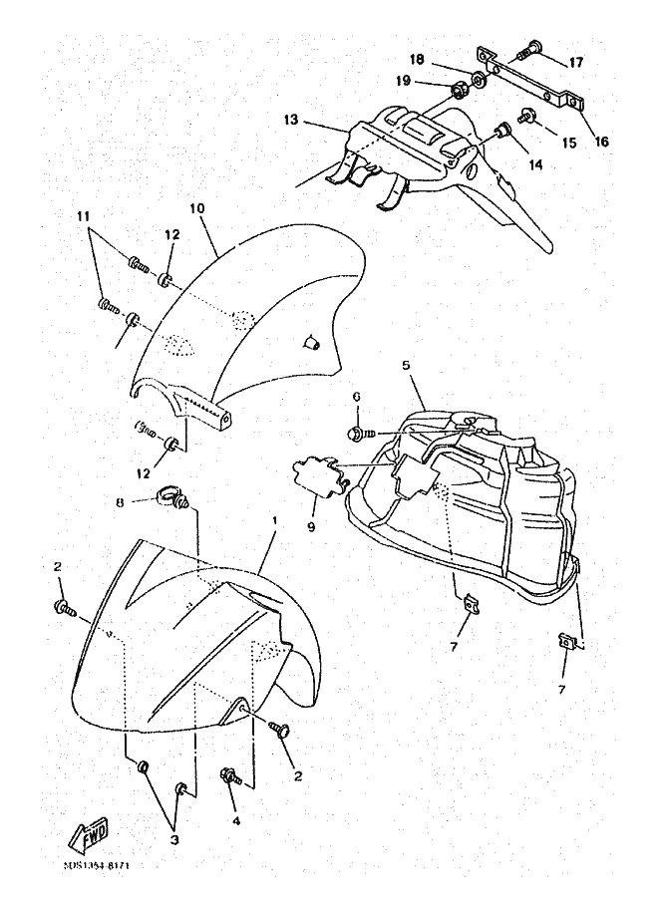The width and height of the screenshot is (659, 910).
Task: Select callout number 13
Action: (x=291, y=120)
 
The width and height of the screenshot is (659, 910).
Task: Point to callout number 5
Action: (x=406, y=366)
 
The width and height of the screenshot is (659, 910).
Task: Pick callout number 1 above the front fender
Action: (x=273, y=521)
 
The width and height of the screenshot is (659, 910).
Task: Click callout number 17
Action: (x=576, y=62)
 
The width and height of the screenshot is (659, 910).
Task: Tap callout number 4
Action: (x=236, y=821)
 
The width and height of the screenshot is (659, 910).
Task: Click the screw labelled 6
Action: (x=358, y=434)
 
